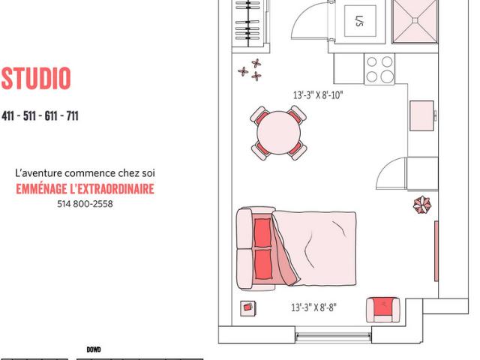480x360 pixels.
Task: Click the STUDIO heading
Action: (36, 79)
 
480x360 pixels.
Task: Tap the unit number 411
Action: (9, 116)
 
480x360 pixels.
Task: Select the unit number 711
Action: (71, 116)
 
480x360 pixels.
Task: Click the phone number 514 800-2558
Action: (85, 203)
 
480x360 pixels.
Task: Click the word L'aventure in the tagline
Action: (38, 173)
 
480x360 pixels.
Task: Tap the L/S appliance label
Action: (358, 19)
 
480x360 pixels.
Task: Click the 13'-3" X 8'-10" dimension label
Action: (318, 95)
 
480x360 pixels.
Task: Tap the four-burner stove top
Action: (379, 69)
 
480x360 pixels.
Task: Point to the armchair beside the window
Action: (384, 309)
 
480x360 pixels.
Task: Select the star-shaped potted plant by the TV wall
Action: (423, 205)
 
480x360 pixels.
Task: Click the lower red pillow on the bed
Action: (262, 263)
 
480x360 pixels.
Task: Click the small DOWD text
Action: (93, 349)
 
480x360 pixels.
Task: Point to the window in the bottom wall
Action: (332, 334)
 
